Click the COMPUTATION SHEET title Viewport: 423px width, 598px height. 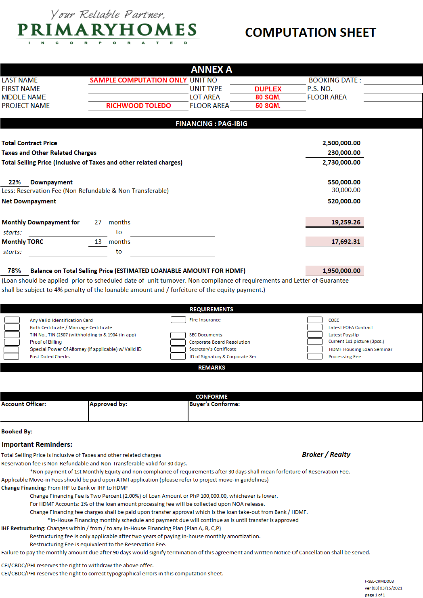(310, 32)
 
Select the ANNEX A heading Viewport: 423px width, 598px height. (211, 70)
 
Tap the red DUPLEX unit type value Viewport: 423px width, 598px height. (268, 89)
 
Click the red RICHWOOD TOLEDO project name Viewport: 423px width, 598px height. (138, 106)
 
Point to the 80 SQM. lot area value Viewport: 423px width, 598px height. (268, 97)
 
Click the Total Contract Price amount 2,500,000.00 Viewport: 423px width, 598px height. (341, 143)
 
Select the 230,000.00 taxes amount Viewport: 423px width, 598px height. (344, 153)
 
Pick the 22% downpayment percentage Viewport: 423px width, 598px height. (15, 182)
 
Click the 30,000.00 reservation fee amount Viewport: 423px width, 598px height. (346, 190)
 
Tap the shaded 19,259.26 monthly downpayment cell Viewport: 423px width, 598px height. (335, 222)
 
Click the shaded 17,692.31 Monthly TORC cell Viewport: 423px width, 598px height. (335, 242)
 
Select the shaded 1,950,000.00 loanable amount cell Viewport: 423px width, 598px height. (335, 271)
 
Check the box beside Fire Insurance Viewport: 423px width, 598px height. (178, 320)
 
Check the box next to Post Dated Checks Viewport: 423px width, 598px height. (12, 357)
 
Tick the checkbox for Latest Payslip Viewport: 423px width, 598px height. (314, 335)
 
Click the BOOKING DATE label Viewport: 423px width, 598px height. (335, 80)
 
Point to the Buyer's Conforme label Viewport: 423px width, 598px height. (214, 404)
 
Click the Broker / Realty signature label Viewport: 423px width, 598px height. (326, 455)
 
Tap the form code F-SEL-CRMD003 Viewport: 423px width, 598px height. (379, 581)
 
